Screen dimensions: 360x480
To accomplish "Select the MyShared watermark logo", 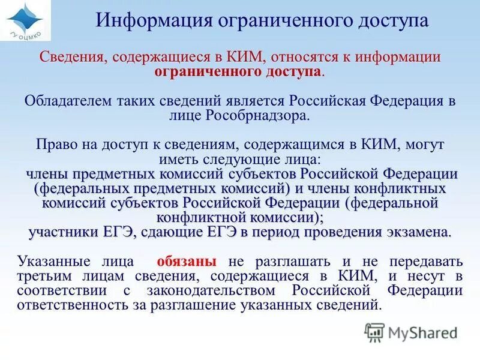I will pos(411,332).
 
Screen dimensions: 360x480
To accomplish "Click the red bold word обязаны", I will pos(186,262).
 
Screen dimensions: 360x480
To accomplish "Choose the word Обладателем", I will pos(62,101).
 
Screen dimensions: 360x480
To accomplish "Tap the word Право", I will pos(52,145).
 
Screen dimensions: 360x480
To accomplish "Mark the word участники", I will pos(62,232).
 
